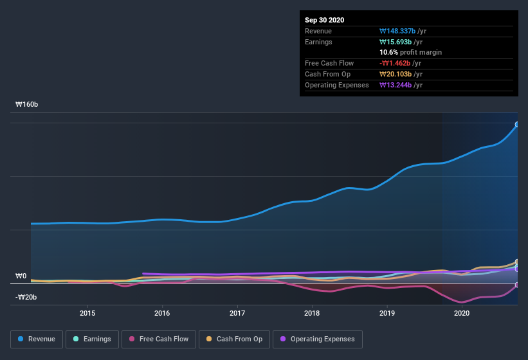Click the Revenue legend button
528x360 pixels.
pyautogui.click(x=37, y=339)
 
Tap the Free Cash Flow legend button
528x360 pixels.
pyautogui.click(x=158, y=339)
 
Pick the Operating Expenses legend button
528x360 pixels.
pyautogui.click(x=318, y=339)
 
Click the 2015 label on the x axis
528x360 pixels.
pyautogui.click(x=87, y=313)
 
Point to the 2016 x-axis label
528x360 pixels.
pyautogui.click(x=162, y=313)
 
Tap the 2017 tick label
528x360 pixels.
pyautogui.click(x=237, y=313)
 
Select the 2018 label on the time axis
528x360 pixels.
pyautogui.click(x=312, y=313)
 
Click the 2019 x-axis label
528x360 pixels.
pyautogui.click(x=387, y=313)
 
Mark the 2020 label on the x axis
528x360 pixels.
pyautogui.click(x=462, y=313)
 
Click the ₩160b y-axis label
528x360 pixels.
pyautogui.click(x=26, y=104)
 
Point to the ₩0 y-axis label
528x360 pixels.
pyautogui.click(x=21, y=276)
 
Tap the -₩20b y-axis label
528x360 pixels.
pyautogui.click(x=26, y=297)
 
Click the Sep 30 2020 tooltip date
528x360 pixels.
pyautogui.click(x=324, y=20)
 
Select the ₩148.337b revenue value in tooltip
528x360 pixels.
pyautogui.click(x=403, y=31)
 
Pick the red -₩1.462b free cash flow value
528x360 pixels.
pyautogui.click(x=400, y=63)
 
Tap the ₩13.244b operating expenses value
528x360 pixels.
pyautogui.click(x=401, y=85)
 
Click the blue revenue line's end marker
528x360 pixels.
pyautogui.click(x=517, y=124)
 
